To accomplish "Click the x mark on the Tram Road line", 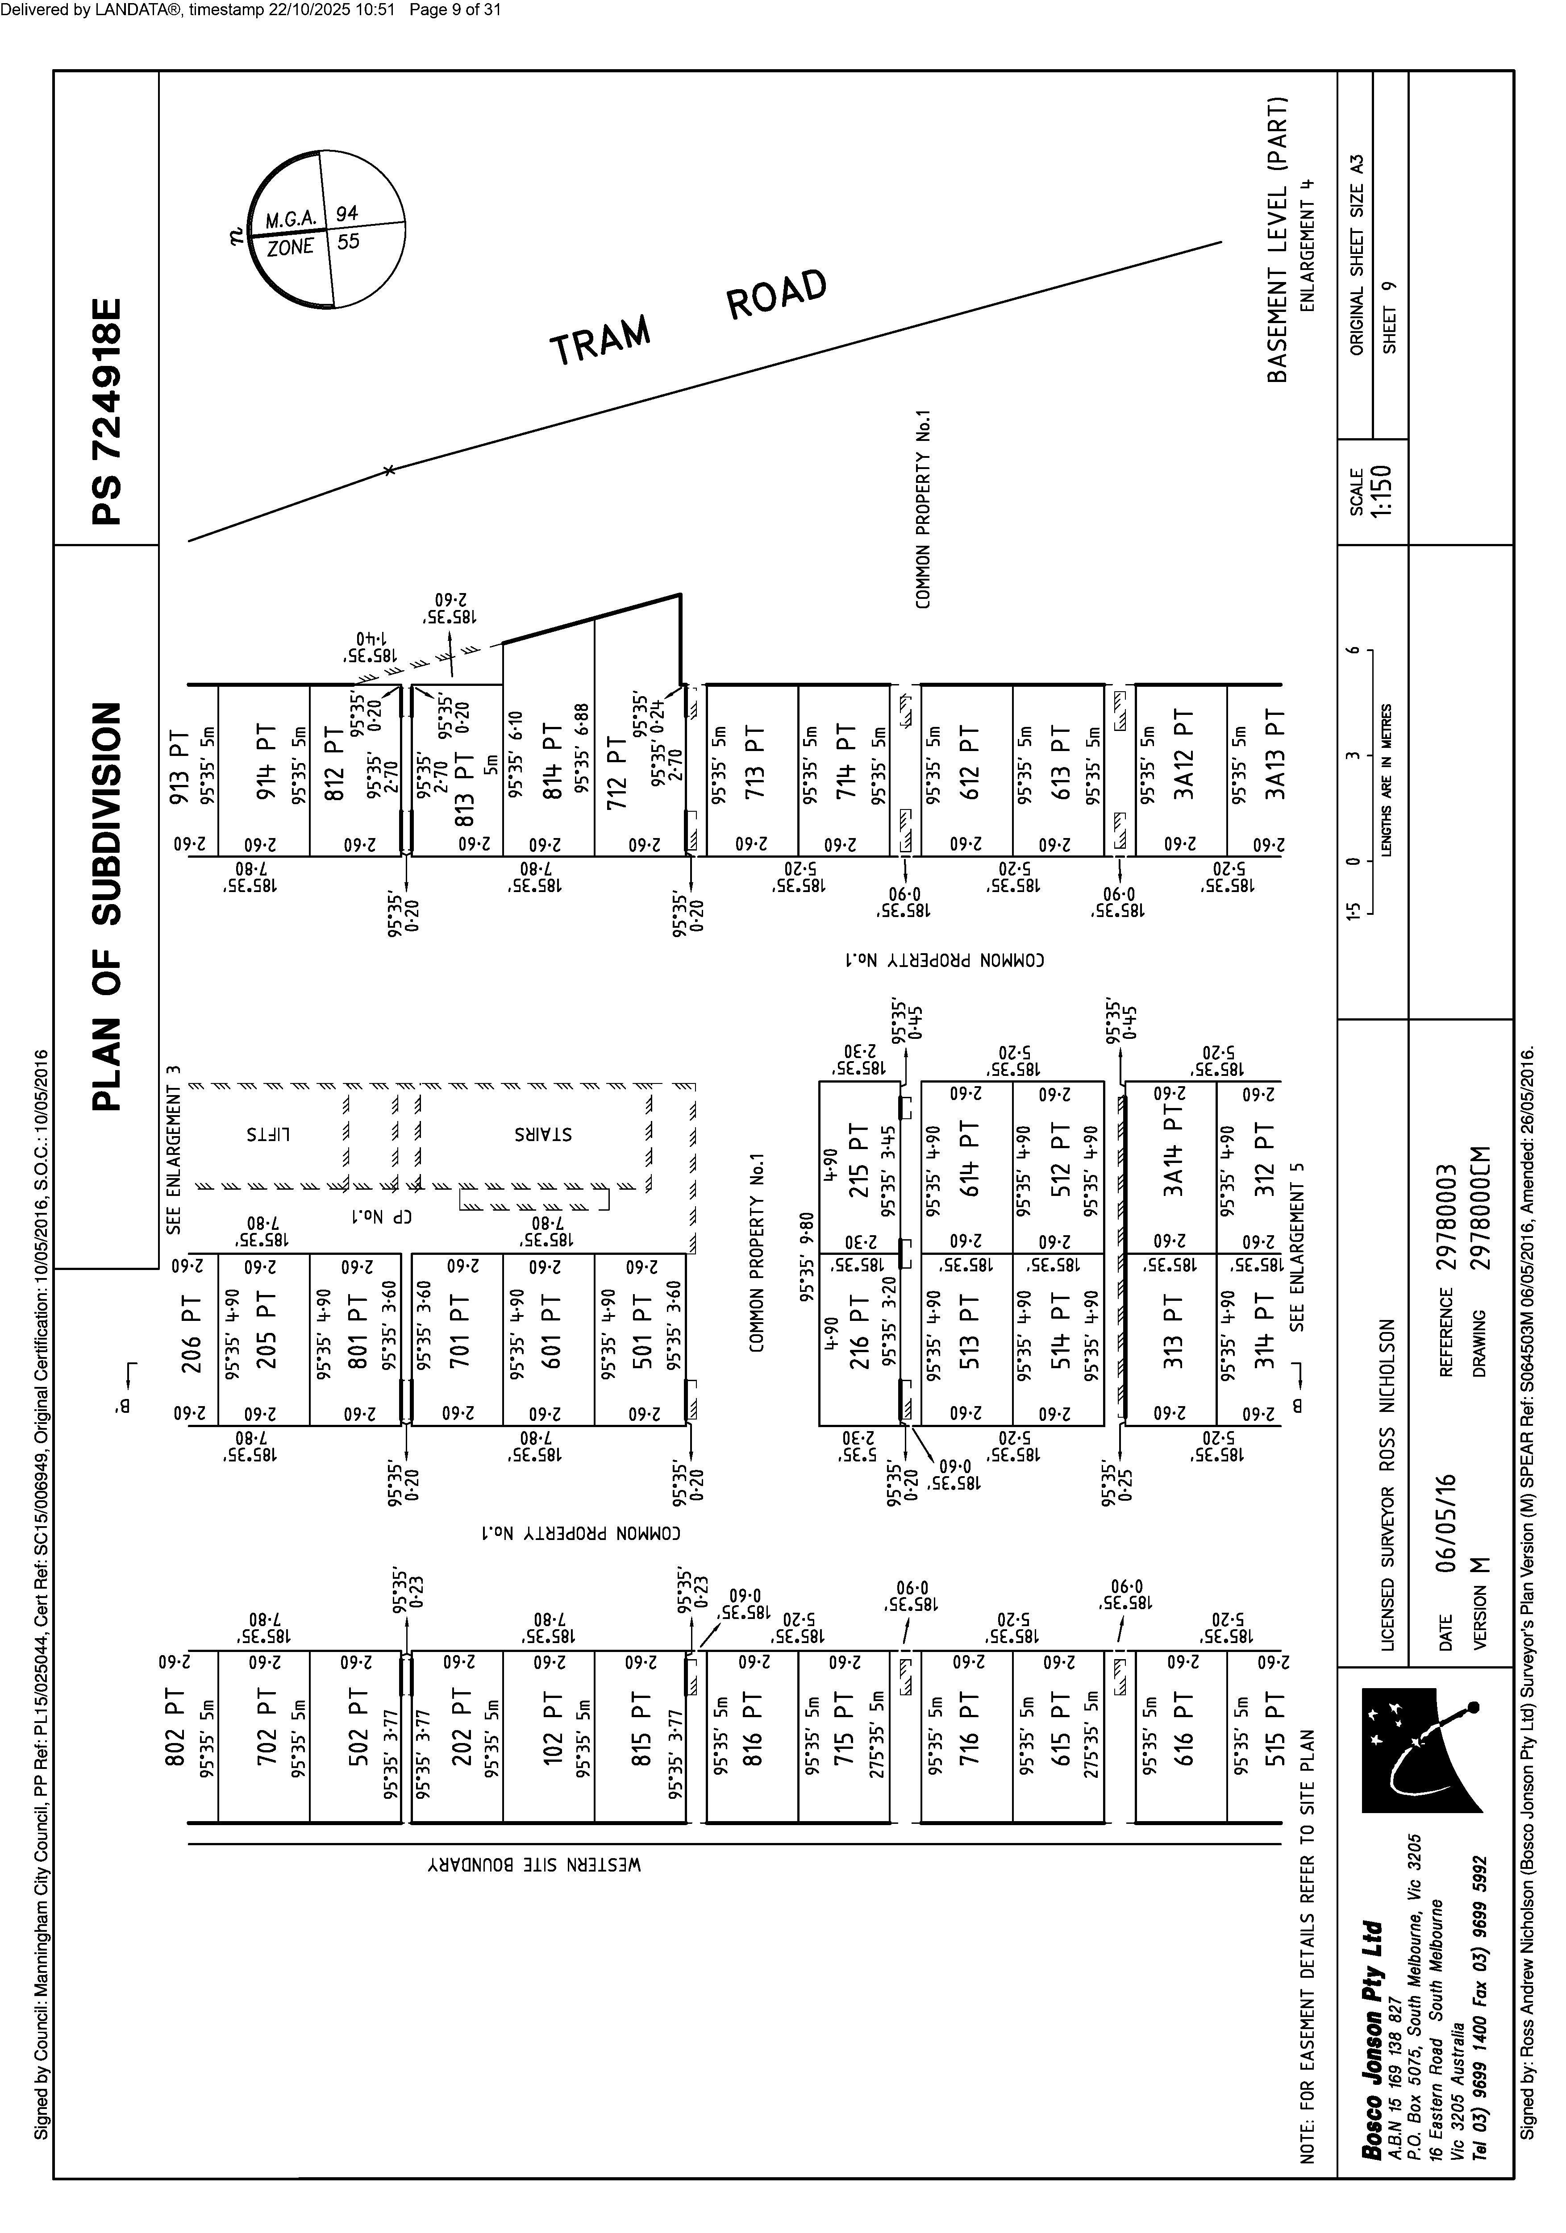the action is pyautogui.click(x=389, y=471).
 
